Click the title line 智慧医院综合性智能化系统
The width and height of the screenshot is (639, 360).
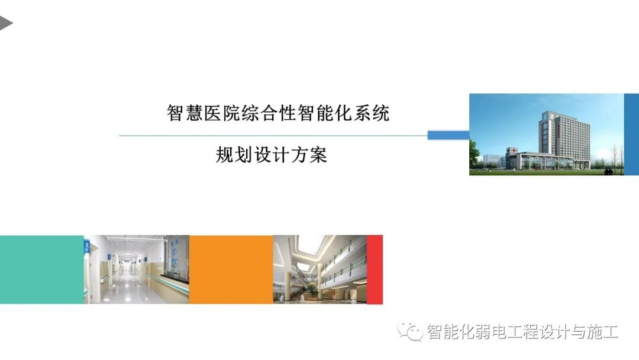pyautogui.click(x=278, y=112)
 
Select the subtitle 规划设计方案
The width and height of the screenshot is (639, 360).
pyautogui.click(x=272, y=155)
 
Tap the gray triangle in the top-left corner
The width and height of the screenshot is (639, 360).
pyautogui.click(x=5, y=23)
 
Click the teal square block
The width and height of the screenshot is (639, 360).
pyautogui.click(x=42, y=269)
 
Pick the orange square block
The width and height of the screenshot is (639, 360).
pyautogui.click(x=231, y=269)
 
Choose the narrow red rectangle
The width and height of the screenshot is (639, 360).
pyautogui.click(x=375, y=269)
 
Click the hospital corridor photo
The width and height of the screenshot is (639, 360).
pyautogui.click(x=137, y=269)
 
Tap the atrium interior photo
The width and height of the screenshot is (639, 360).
pyautogui.click(x=319, y=269)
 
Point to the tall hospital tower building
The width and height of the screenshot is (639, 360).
pyautogui.click(x=562, y=133)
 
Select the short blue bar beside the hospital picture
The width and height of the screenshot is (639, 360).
pyautogui.click(x=448, y=136)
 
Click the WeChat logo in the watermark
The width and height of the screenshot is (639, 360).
pyautogui.click(x=410, y=331)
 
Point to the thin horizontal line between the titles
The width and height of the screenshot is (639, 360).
pyautogui.click(x=272, y=136)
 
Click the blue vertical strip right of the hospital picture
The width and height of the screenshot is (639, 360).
pyautogui.click(x=631, y=134)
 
